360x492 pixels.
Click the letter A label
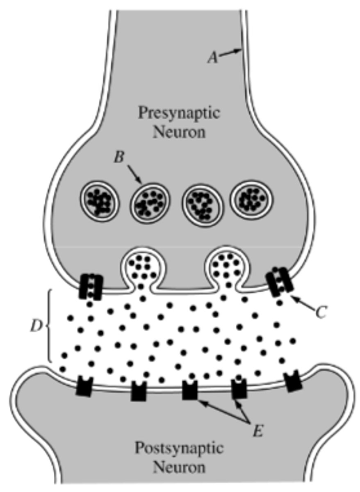point(212,58)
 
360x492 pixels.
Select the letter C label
point(321,312)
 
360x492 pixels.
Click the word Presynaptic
point(179,113)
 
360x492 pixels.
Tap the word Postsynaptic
point(179,448)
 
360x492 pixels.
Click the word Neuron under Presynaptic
point(179,133)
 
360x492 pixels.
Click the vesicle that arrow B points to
point(150,201)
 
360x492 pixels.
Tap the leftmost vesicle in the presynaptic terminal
point(100,200)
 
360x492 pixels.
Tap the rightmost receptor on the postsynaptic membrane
point(294,382)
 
